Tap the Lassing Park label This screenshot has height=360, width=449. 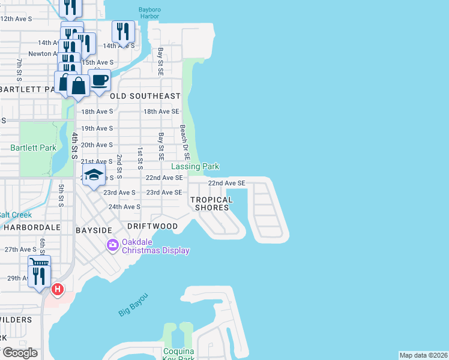[196, 166]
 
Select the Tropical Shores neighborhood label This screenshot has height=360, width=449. [211, 203]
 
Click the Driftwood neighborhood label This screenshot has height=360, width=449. [152, 226]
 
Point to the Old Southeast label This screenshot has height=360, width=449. [145, 96]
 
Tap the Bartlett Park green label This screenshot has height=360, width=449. [33, 147]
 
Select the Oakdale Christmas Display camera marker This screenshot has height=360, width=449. [112, 245]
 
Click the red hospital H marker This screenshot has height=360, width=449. [58, 290]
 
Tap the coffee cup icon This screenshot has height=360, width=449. [100, 80]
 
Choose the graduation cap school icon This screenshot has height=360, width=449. [93, 175]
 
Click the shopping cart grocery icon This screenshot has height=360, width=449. [39, 263]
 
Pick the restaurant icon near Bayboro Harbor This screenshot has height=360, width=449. [123, 31]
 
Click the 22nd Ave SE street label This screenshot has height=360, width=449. [226, 183]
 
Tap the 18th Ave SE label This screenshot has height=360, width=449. [161, 112]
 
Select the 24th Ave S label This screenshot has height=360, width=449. [124, 206]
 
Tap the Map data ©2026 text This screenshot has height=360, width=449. [423, 355]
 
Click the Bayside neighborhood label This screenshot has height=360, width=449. [94, 230]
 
